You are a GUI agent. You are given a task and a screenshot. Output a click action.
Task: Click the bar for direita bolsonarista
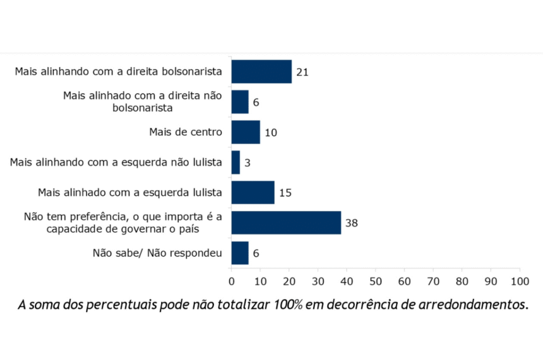tap(261, 71)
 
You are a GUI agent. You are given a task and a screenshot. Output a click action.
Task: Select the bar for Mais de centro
tap(246, 132)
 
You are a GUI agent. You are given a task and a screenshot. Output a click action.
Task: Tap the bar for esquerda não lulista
tap(236, 162)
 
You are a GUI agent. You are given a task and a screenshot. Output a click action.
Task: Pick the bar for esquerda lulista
tap(253, 193)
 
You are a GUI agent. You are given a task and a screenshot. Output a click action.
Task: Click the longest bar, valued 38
tap(286, 223)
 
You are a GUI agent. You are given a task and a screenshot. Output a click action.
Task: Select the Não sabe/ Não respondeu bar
tap(240, 253)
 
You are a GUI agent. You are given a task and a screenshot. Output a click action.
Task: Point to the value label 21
tap(302, 72)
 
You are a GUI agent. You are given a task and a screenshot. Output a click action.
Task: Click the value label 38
tap(351, 223)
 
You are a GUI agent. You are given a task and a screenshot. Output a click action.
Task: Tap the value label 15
tap(285, 193)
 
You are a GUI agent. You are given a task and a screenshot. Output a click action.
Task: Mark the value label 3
tap(248, 163)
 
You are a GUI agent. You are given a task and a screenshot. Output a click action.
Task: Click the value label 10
tap(271, 133)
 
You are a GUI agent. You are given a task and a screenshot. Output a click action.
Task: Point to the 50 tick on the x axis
tap(376, 280)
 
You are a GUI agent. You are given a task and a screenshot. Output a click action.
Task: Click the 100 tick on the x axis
tap(520, 280)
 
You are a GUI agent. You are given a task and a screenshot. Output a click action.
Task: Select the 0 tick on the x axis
tap(231, 280)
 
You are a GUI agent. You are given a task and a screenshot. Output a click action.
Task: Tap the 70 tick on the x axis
tap(433, 280)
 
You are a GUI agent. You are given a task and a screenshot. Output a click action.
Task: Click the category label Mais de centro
tap(186, 132)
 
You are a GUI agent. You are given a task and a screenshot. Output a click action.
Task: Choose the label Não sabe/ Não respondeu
tap(158, 253)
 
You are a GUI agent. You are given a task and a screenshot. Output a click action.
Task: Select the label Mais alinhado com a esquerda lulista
tap(129, 193)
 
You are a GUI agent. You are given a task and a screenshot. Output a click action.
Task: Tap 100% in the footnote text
tap(288, 306)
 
